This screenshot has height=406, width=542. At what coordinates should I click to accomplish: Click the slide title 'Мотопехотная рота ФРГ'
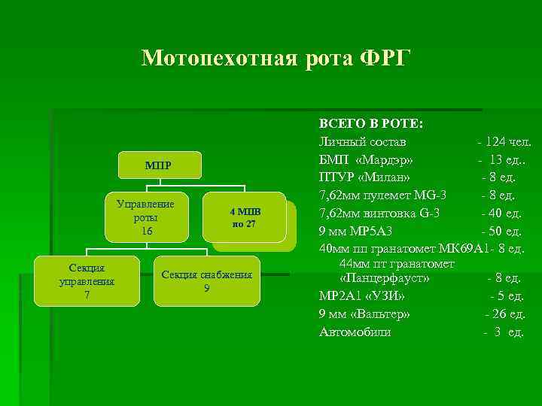[x=276, y=58]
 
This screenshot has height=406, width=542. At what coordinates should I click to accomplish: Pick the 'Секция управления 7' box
[x=87, y=281]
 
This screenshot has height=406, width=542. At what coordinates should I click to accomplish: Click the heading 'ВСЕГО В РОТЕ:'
[x=371, y=123]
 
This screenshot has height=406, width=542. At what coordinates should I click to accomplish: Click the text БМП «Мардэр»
[x=366, y=160]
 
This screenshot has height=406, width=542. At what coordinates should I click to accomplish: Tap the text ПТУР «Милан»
[x=365, y=177]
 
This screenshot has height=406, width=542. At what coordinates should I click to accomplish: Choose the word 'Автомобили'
[x=355, y=332]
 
